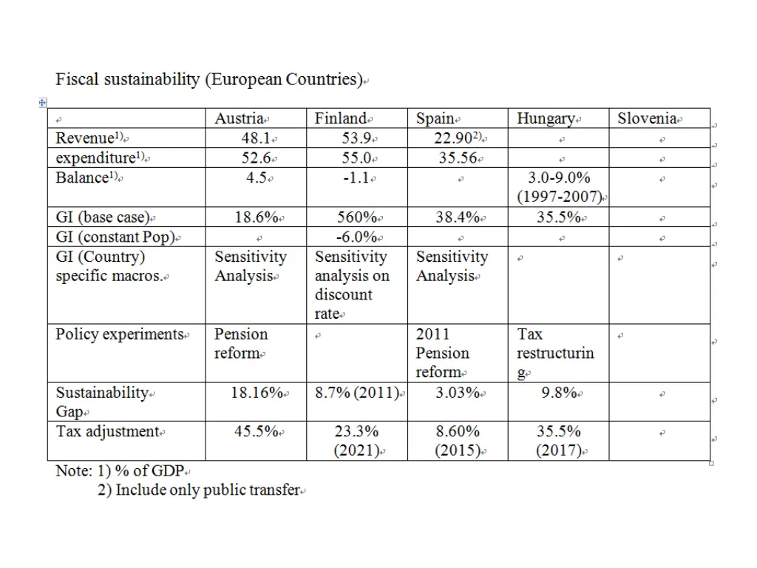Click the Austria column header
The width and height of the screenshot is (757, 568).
pyautogui.click(x=240, y=118)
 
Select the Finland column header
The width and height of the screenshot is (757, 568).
pyautogui.click(x=341, y=118)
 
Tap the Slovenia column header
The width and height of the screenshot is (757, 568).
pyautogui.click(x=648, y=118)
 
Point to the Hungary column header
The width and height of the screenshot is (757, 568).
pyautogui.click(x=546, y=118)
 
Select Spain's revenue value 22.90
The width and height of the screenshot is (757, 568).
pyautogui.click(x=458, y=138)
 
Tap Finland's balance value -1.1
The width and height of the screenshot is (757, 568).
pyautogui.click(x=359, y=177)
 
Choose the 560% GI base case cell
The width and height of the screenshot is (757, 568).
pyautogui.click(x=357, y=217)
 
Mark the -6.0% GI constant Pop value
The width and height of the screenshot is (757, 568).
pyautogui.click(x=357, y=237)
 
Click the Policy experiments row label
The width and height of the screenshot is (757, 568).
pyautogui.click(x=120, y=334)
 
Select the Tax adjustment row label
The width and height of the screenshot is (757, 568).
pyautogui.click(x=109, y=431)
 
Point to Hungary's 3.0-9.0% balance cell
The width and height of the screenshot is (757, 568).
pyautogui.click(x=559, y=187)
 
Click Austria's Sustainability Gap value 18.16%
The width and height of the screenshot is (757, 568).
pyautogui.click(x=257, y=393)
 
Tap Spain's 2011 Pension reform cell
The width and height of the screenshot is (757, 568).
pyautogui.click(x=442, y=354)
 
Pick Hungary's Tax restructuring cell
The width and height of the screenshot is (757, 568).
pyautogui.click(x=554, y=354)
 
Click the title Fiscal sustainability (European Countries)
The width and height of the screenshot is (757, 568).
pyautogui.click(x=209, y=79)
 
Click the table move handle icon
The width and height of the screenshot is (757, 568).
pyautogui.click(x=43, y=103)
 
